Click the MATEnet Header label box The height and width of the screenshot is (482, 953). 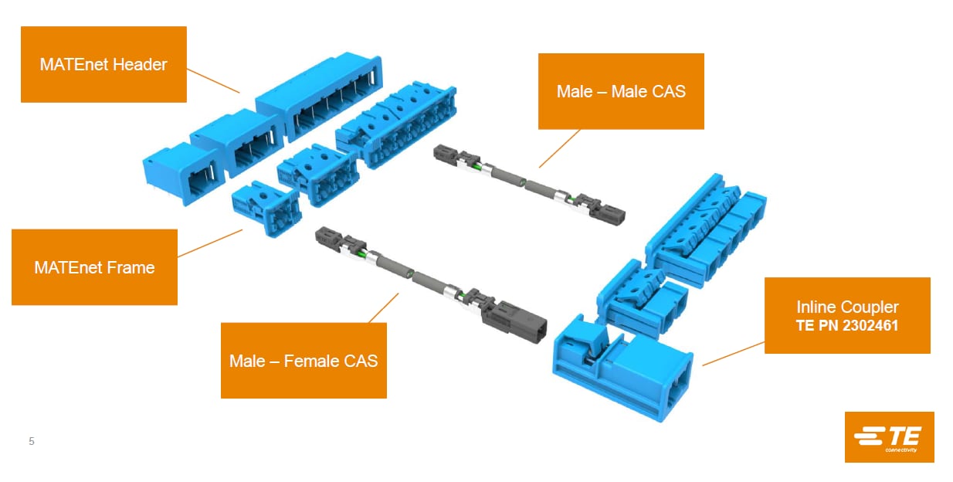[x=103, y=64]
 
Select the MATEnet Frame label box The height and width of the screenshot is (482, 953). [x=94, y=267]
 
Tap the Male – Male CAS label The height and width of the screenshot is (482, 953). [x=621, y=91]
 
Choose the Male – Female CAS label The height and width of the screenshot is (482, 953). [x=304, y=360]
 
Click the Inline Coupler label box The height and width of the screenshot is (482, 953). [x=847, y=315]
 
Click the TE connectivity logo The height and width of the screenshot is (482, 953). [x=889, y=437]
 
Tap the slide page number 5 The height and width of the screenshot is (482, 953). [x=32, y=442]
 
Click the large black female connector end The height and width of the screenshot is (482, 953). [x=515, y=319]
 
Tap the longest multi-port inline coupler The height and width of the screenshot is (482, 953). [x=703, y=231]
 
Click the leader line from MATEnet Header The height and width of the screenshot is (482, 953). [x=213, y=80]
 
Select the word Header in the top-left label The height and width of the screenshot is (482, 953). [x=140, y=64]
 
